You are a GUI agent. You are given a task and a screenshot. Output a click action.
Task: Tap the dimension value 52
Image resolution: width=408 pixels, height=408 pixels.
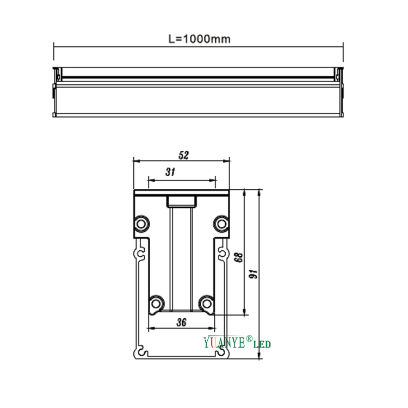pyautogui.click(x=183, y=156)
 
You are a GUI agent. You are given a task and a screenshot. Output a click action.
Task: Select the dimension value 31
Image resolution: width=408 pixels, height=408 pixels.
pyautogui.click(x=170, y=172)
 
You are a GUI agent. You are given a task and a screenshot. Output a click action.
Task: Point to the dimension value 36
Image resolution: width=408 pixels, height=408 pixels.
pyautogui.click(x=182, y=322)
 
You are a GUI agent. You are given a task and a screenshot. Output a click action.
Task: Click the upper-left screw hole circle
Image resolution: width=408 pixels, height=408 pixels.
pyautogui.click(x=142, y=223)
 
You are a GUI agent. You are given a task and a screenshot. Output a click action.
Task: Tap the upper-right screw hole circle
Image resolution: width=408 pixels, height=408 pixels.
pyautogui.click(x=221, y=223)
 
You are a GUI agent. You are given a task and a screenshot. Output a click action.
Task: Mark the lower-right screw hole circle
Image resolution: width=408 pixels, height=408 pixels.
pyautogui.click(x=206, y=302)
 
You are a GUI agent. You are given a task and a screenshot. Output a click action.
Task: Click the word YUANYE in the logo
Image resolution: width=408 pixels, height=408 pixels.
pyautogui.click(x=224, y=343)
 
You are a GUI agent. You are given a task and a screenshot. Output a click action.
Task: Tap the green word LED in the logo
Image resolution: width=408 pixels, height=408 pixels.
pyautogui.click(x=262, y=344)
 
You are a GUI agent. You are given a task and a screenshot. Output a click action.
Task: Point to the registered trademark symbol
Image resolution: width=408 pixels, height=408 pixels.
pyautogui.click(x=249, y=339)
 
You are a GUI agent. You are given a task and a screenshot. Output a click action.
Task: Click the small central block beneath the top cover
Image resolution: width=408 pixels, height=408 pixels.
pyautogui.click(x=181, y=201)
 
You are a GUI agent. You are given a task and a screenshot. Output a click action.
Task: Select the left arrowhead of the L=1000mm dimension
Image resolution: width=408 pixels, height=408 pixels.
pyautogui.click(x=55, y=47)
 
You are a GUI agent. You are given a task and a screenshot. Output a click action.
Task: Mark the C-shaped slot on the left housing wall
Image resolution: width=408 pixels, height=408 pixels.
pyautogui.click(x=140, y=254)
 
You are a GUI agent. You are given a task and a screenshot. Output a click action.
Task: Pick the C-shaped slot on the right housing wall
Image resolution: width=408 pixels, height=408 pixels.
pyautogui.click(x=222, y=254)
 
